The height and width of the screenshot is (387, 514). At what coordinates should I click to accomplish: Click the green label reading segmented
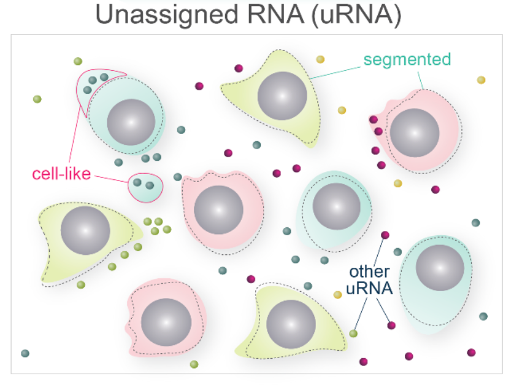pos(407,60)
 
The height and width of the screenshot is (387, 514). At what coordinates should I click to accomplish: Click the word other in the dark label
pos(370,272)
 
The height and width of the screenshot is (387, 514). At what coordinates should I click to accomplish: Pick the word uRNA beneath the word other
pos(370,287)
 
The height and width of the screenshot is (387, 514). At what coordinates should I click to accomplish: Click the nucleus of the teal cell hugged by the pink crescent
pos(131,121)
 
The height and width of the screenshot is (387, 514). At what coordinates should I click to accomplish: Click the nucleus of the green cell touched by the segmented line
pos(282,96)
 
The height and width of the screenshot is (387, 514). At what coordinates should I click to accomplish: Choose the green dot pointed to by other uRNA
pos(353,334)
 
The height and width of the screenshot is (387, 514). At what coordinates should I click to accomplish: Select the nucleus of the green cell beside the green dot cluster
pos(85,231)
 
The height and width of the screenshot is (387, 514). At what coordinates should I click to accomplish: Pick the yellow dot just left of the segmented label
pos(320,60)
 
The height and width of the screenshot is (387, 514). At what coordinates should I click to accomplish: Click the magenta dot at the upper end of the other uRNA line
pos(385,235)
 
